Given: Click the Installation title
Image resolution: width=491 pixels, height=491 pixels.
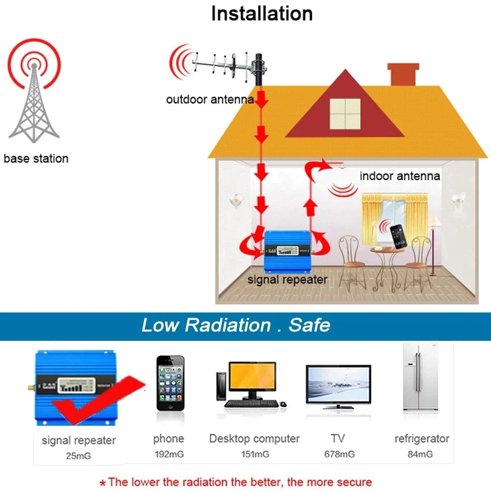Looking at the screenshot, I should [262, 13].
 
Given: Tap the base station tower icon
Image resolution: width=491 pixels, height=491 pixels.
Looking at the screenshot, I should [34, 98].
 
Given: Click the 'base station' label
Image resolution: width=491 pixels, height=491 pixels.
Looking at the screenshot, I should [36, 158].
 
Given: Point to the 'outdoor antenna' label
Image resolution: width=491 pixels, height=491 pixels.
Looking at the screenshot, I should [210, 99].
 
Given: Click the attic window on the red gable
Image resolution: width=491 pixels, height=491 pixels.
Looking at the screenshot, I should [345, 113].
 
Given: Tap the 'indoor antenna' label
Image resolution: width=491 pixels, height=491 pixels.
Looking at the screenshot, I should [400, 176].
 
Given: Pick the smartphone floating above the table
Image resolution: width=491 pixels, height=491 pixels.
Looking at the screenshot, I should [398, 235].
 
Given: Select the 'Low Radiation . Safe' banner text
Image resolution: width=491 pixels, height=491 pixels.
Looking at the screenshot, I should [236, 325].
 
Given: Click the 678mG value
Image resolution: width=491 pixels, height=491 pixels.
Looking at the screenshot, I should [339, 454].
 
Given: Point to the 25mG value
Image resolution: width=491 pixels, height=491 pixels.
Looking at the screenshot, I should [79, 456].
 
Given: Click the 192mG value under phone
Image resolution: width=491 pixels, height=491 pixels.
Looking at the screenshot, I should [169, 454].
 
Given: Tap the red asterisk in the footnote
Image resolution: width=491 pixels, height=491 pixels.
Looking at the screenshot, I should [103, 483].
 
